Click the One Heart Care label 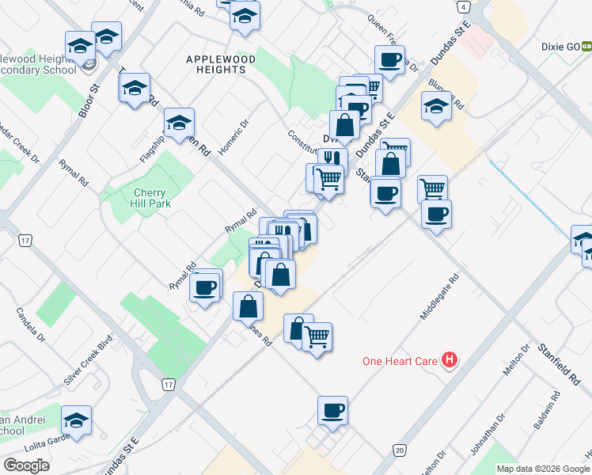400,361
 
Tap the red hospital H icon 450,361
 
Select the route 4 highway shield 462,6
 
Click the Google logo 26,465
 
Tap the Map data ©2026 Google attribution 544,469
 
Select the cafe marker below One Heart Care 333,410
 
